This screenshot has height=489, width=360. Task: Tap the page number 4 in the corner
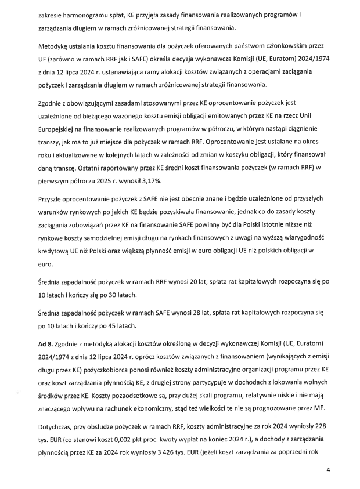(328, 470)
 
